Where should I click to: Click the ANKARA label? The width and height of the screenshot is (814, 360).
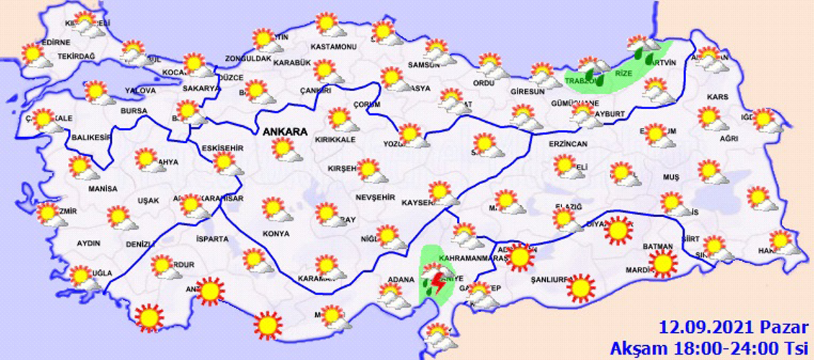click(284, 132)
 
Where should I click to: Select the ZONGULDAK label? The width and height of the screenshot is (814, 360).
click(247, 59)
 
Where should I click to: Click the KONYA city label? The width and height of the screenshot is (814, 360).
click(276, 233)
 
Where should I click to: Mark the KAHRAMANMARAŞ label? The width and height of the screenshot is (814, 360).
click(472, 258)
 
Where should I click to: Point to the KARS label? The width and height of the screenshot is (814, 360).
click(717, 97)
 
